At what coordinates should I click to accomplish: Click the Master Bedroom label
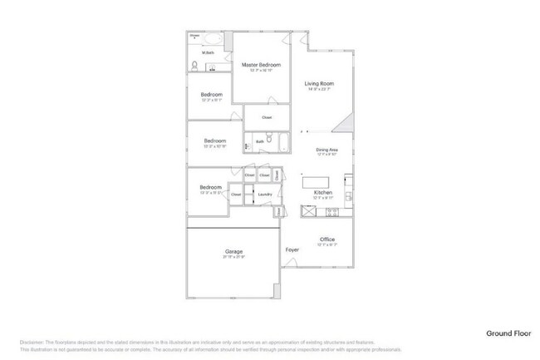click(x=261, y=65)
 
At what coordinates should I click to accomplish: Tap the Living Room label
click(x=318, y=84)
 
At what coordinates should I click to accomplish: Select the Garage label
click(x=233, y=251)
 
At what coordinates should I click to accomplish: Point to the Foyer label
click(x=292, y=249)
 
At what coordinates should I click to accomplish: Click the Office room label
click(x=327, y=239)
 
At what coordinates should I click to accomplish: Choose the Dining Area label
click(x=326, y=150)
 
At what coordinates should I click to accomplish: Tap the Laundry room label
click(x=265, y=195)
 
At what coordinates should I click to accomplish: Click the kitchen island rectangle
click(x=316, y=181)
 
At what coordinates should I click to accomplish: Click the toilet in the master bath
click(x=194, y=66)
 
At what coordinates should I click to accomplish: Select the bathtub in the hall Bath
click(x=282, y=142)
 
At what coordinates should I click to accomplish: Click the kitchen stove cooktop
click(x=331, y=212)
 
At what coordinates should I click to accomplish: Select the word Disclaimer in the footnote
click(x=31, y=343)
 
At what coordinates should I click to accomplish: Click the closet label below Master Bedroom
click(x=267, y=117)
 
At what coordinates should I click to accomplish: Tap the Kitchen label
click(x=323, y=193)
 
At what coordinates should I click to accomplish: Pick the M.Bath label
click(x=208, y=53)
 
